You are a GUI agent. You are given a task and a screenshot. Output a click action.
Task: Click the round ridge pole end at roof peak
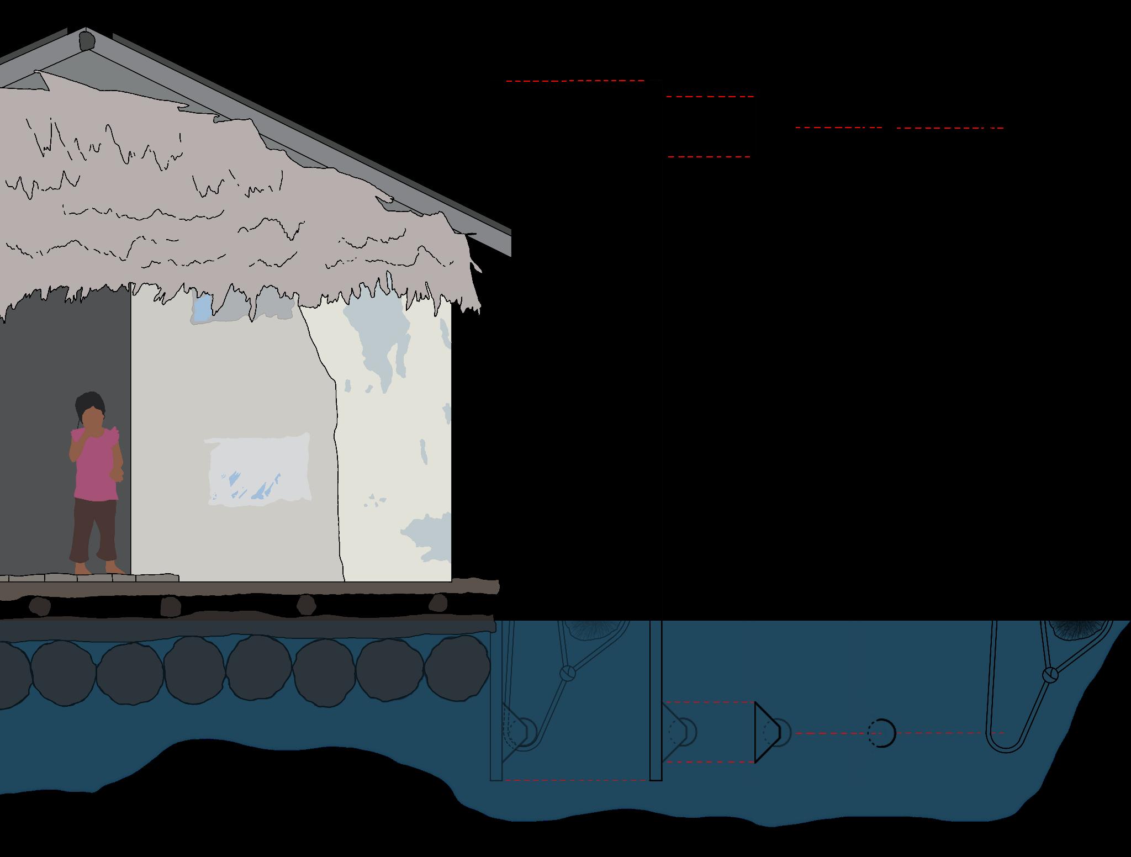87,40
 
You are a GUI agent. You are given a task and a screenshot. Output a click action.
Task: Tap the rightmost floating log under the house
457,670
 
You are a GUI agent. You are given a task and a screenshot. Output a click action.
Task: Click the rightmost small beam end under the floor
438,602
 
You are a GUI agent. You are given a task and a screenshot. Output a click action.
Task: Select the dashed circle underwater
881,733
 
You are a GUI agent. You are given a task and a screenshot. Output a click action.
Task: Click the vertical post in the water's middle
656,701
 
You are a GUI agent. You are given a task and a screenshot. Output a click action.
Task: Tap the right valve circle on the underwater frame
1050,674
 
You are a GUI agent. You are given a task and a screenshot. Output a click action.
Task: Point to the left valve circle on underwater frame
568,673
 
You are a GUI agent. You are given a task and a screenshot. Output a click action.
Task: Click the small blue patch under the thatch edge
203,308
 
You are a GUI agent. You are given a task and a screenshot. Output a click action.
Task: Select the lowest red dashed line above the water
709,157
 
